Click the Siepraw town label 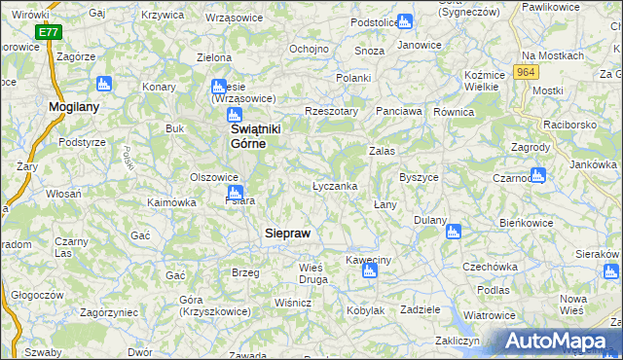coord(289,234)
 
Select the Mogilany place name coord(75,107)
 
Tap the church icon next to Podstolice coord(405,21)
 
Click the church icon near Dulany coord(453,232)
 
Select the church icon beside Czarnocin coord(538,175)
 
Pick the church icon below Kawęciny coord(369,271)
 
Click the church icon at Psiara coord(249,193)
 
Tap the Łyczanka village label coord(335,185)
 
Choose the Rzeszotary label coord(332,111)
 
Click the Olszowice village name coord(214,177)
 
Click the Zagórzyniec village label coord(93,314)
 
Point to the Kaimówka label coord(171,202)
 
